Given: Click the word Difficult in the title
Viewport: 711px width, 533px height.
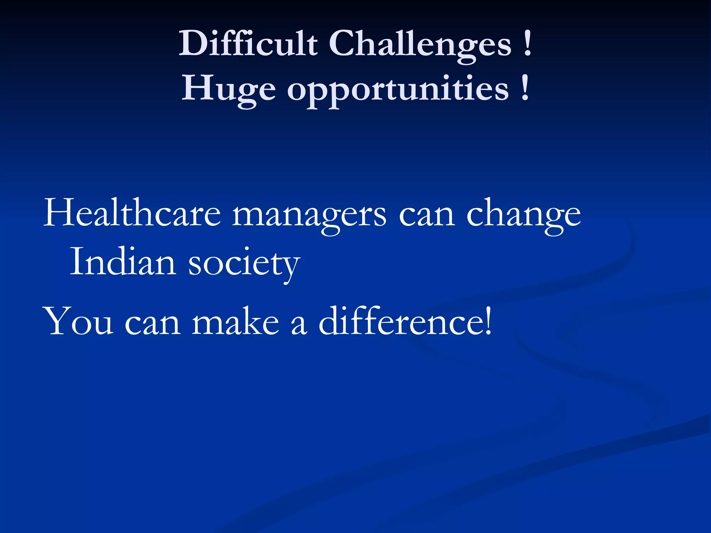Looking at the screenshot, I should click(248, 43).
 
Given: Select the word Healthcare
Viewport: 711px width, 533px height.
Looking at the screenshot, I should click(132, 213).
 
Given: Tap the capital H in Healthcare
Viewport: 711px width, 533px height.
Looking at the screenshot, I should click(57, 212).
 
